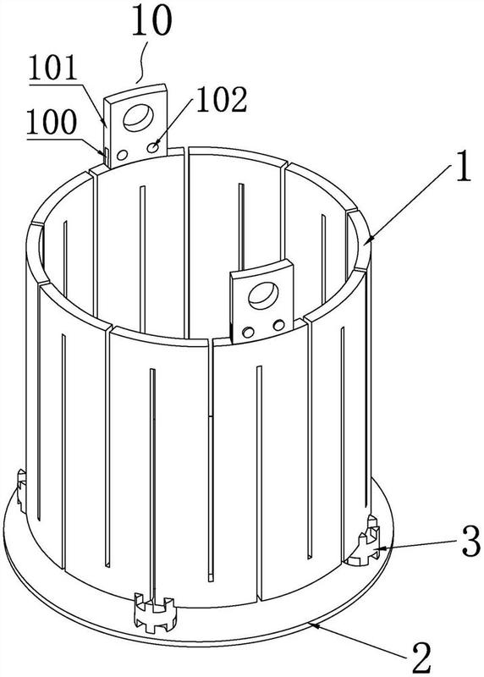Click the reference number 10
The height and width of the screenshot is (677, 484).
(151, 19)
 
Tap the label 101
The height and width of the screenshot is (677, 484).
(52, 68)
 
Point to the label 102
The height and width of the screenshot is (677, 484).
(222, 100)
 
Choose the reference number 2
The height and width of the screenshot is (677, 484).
(421, 658)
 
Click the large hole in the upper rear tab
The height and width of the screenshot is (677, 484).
(138, 116)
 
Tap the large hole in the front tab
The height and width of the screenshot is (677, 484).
(263, 295)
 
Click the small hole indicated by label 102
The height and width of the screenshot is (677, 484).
(152, 148)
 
